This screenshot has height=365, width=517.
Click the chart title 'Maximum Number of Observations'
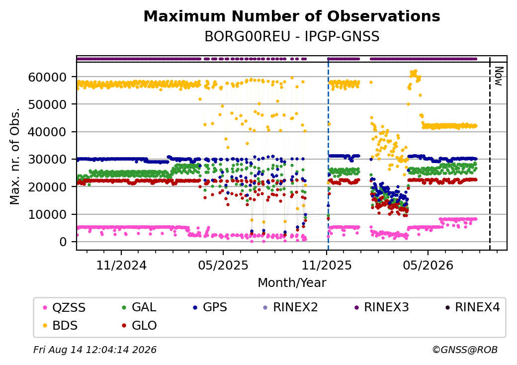292,16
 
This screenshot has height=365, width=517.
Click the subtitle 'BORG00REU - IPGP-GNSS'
292,37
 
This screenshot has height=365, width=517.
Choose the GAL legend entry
139,307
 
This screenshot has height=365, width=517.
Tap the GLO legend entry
139,326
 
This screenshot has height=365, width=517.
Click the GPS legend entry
210,307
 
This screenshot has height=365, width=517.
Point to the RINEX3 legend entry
381,307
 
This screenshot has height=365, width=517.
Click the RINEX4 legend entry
472,307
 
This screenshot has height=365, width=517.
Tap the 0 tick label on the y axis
63,242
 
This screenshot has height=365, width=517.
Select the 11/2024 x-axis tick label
121,265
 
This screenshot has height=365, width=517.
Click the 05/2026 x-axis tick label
428,265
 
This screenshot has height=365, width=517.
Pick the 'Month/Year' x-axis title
292,283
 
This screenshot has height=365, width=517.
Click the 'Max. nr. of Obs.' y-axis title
15,156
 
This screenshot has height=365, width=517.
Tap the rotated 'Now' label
499,76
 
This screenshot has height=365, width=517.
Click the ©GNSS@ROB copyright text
465,350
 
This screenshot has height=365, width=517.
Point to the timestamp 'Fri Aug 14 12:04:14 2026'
95,350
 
